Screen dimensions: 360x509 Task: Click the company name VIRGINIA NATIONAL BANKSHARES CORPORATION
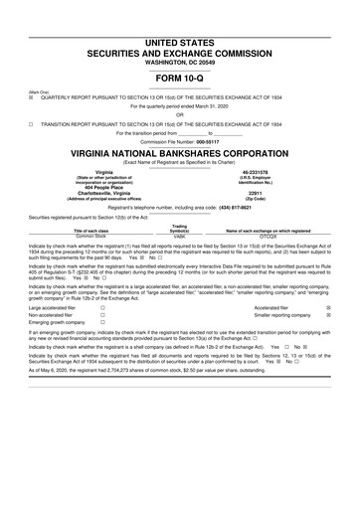pos(180,156)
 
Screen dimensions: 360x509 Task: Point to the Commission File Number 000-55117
pos(180,141)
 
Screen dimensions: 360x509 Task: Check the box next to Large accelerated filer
pos(102,308)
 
